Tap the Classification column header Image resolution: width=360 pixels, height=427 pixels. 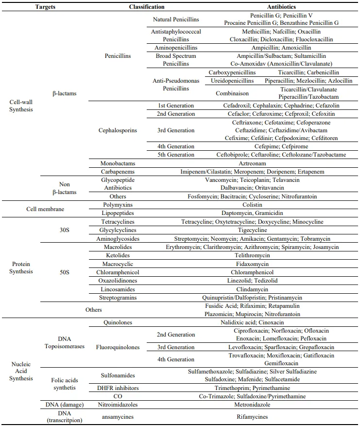tap(147, 7)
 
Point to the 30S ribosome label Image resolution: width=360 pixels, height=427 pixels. tap(64, 226)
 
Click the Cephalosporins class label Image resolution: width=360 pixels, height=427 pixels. tap(118, 130)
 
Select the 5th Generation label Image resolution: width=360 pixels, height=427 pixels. tap(175, 155)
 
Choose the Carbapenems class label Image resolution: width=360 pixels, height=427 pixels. tap(118, 172)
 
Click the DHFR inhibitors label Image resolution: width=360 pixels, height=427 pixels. tap(118, 388)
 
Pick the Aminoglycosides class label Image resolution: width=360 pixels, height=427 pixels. tap(118, 239)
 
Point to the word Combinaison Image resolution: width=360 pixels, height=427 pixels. tap(232, 93)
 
